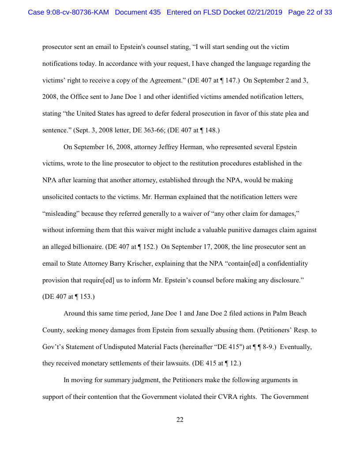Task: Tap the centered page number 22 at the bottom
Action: pos(180,420)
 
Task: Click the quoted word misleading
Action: pos(62,214)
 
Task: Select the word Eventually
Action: pos(296,347)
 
